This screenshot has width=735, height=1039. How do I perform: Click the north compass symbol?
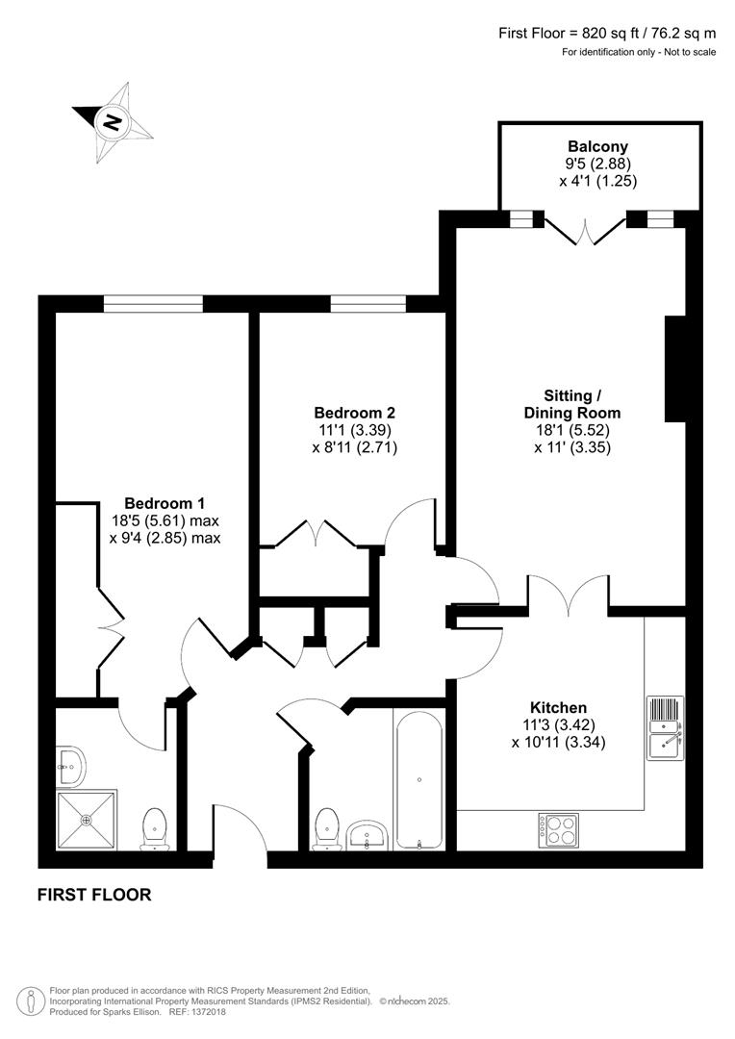pyautogui.click(x=114, y=122)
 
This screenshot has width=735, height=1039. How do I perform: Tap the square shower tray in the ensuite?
pyautogui.click(x=88, y=820)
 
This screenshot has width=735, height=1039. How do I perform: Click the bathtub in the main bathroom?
pyautogui.click(x=418, y=779)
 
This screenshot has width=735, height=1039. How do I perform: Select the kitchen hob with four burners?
pyautogui.click(x=558, y=831)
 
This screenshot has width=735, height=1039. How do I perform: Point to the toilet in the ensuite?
pyautogui.click(x=155, y=829)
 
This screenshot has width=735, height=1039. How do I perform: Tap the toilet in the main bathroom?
pyautogui.click(x=328, y=829)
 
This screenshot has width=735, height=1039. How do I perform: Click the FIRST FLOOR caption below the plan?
pyautogui.click(x=94, y=895)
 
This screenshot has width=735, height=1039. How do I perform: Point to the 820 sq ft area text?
pyautogui.click(x=607, y=33)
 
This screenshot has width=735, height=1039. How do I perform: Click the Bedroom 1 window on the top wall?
pyautogui.click(x=154, y=304)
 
